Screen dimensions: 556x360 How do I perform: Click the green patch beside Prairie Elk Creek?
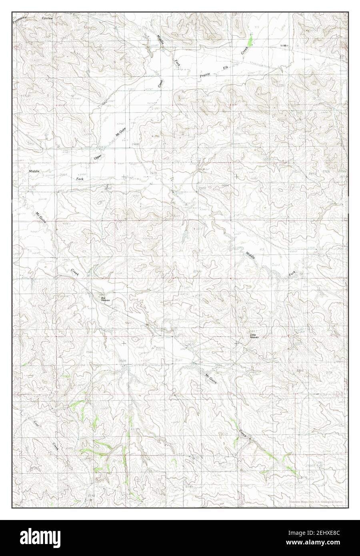tap(250, 40)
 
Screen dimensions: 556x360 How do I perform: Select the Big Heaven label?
tap(105, 298)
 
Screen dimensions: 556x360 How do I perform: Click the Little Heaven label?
tap(254, 336)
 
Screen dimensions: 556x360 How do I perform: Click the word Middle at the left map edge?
tap(34, 171)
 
